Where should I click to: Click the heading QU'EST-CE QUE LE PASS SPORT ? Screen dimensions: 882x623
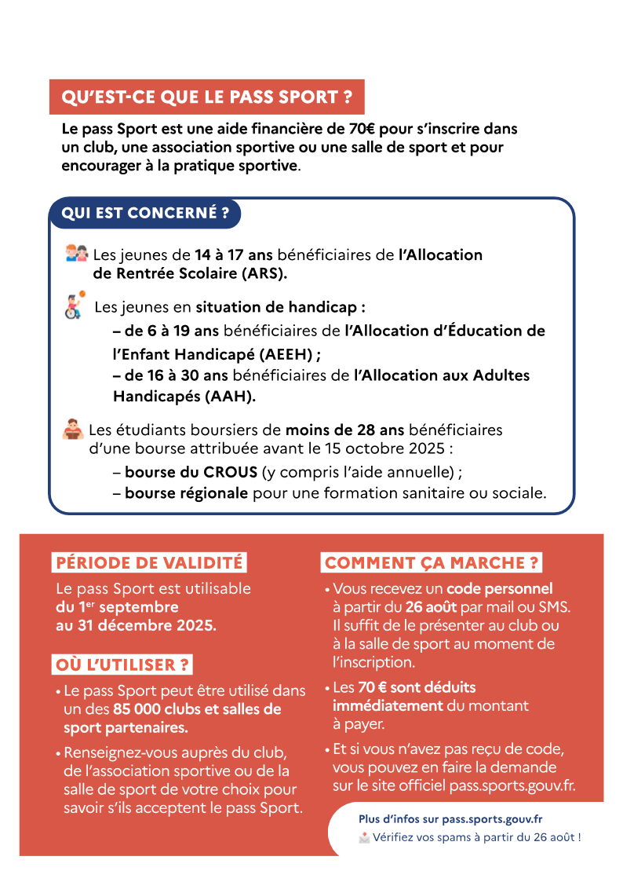coord(206,97)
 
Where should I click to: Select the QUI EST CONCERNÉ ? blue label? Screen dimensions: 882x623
coord(145,213)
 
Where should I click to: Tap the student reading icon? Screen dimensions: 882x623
coord(72,429)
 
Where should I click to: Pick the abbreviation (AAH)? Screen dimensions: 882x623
coord(231,397)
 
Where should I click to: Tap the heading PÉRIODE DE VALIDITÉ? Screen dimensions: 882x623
coord(149,563)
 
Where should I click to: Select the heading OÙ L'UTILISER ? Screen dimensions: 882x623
coord(122,664)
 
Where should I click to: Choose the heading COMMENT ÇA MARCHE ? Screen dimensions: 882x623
coord(432,563)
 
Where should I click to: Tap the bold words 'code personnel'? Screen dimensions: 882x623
coord(500,588)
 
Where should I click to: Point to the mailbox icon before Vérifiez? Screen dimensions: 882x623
coord(364,837)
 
